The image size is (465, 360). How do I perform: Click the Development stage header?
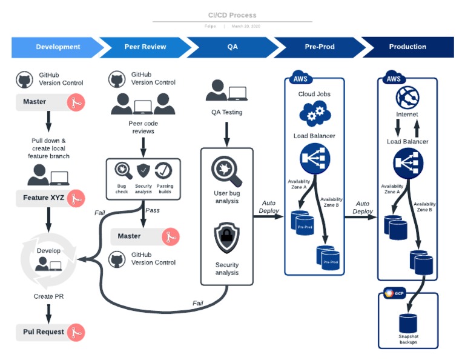(58, 47)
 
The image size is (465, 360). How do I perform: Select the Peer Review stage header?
(145, 47)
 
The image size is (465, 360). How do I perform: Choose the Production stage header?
(407, 47)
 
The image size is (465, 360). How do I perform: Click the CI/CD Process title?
(232, 15)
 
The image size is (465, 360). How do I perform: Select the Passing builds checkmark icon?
(163, 170)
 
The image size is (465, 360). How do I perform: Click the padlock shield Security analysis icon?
(227, 238)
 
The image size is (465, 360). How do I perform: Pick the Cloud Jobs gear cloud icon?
(314, 113)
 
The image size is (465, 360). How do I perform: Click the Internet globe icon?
(407, 97)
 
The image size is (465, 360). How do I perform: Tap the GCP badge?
(394, 294)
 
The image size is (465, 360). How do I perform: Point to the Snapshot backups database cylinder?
(408, 322)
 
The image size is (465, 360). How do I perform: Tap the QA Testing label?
(226, 112)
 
